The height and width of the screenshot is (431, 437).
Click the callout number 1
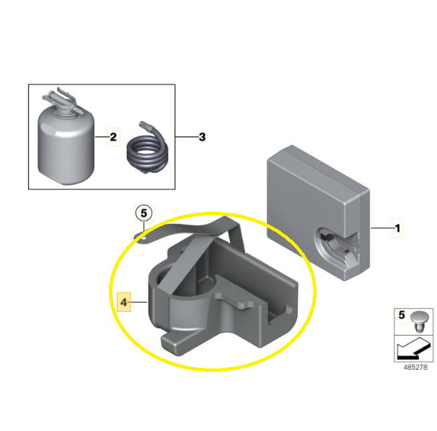tap(398, 229)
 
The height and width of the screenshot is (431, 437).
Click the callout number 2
tap(113, 137)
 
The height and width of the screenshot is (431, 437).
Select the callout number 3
tap(202, 137)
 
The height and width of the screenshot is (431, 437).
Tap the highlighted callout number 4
tap(124, 302)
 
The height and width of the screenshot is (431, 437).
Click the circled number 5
tap(144, 213)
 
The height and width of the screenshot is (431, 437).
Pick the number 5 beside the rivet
tap(401, 315)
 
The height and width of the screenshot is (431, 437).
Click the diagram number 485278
tap(415, 367)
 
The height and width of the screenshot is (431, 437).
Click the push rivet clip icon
tap(419, 321)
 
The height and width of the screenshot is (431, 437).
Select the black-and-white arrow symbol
tap(414, 348)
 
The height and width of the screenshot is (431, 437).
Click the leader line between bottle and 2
tap(102, 137)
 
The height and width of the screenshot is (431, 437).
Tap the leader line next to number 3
tap(187, 137)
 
